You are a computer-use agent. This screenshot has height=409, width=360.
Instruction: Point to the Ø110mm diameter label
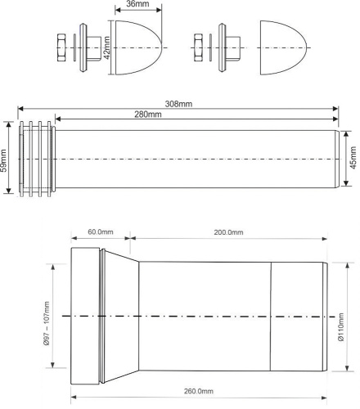pos(342,315)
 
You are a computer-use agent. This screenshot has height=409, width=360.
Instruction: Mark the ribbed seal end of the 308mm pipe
pos(36,159)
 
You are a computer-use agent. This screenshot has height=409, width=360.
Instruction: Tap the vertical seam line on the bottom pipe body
pos(271,315)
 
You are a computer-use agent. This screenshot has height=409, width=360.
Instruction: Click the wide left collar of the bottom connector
pos(85,315)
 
